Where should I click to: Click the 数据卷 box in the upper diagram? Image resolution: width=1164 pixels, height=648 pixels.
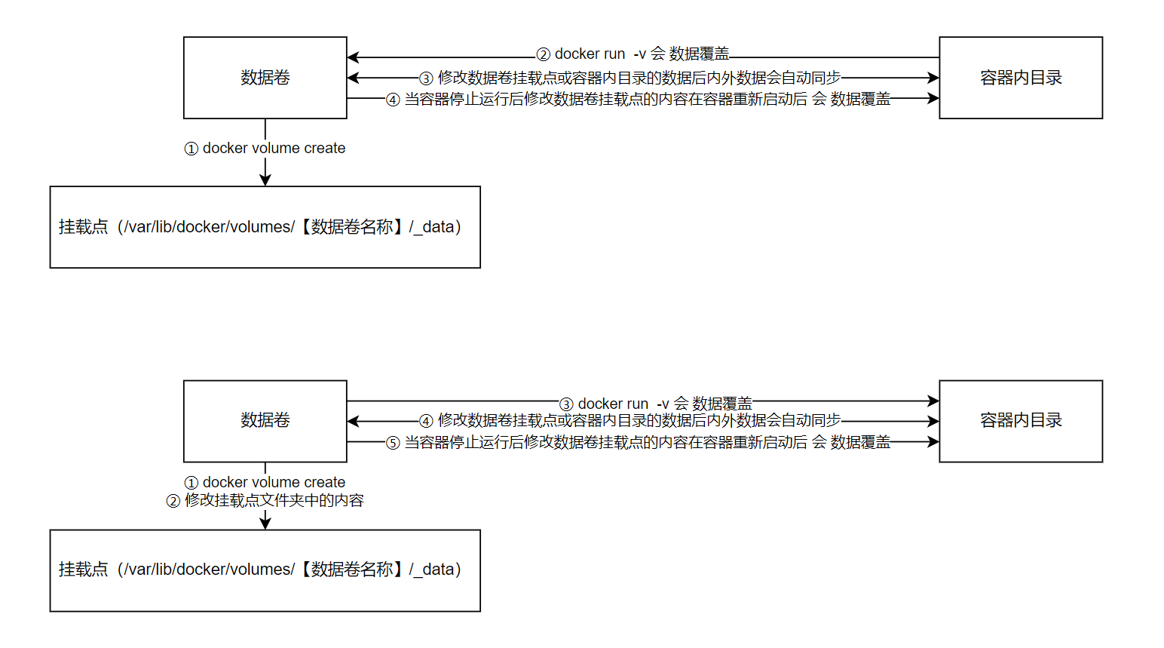pos(265,78)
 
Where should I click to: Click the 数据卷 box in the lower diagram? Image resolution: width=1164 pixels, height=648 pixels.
pos(265,421)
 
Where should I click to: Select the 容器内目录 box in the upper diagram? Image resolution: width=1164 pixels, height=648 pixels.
pos(1020,78)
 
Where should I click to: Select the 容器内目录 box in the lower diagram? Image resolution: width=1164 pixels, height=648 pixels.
pos(1020,421)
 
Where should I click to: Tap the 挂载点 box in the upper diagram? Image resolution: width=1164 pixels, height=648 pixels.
pos(265,227)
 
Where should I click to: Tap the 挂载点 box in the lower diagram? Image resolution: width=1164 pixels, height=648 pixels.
pos(265,570)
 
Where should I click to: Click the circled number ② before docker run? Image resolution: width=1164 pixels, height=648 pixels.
pos(544,55)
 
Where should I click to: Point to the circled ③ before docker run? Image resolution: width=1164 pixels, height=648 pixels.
pos(566,405)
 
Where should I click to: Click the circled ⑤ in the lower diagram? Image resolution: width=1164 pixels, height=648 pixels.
pos(393,443)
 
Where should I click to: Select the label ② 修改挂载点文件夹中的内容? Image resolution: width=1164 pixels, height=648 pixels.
pos(265,500)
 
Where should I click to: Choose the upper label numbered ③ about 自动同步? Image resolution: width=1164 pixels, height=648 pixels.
pos(630,78)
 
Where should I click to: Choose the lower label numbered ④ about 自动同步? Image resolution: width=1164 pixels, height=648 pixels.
pos(630,421)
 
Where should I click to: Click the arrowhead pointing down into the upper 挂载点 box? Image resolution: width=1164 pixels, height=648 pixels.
pos(265,180)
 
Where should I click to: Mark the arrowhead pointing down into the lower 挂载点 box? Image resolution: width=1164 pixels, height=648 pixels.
pos(265,524)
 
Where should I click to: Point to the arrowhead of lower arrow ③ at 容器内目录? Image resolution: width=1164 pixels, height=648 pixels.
pos(934,401)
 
